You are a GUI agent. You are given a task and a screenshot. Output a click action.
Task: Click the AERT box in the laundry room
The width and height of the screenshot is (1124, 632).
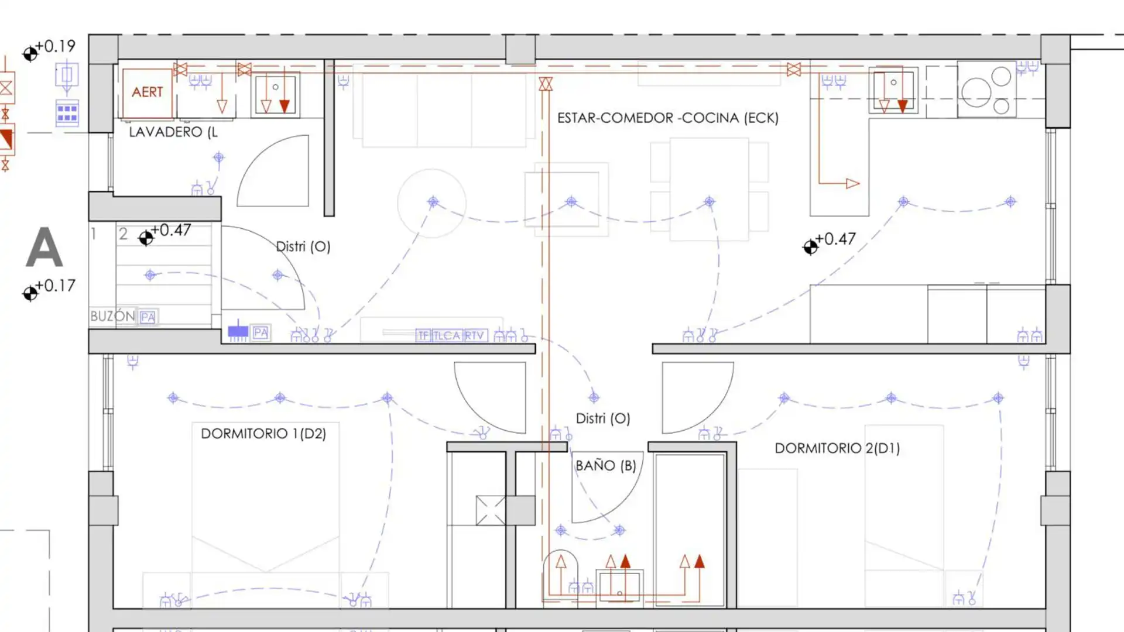point(148,92)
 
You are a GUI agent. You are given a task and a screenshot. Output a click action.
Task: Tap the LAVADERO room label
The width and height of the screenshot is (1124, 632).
point(173,132)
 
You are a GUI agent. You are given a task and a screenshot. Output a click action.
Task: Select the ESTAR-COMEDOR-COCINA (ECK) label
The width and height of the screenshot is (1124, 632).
point(668,118)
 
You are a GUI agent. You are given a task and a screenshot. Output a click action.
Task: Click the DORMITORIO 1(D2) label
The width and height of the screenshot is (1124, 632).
point(263,434)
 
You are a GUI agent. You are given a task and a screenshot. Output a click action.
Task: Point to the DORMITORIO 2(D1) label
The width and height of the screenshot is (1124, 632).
point(837,448)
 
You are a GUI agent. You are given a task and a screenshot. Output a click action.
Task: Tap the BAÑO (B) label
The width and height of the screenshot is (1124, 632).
point(606,466)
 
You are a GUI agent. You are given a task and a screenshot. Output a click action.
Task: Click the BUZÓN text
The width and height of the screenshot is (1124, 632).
point(113,316)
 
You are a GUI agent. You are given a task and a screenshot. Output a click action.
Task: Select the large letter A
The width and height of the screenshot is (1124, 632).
point(44,248)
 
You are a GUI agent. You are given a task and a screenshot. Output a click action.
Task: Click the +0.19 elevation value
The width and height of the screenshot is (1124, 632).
point(56,46)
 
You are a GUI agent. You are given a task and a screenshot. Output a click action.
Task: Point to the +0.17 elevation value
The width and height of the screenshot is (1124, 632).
point(56,286)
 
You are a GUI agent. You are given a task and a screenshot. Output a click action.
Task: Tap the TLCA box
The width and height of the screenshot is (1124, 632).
point(447,335)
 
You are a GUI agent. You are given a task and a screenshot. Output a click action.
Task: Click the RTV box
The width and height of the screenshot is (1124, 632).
point(475,335)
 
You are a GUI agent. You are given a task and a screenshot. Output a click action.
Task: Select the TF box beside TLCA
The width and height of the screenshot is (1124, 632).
point(424,335)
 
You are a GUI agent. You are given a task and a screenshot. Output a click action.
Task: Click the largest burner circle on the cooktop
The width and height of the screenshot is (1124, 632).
point(976,92)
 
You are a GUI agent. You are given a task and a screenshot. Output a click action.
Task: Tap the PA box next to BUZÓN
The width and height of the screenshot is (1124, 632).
point(148,317)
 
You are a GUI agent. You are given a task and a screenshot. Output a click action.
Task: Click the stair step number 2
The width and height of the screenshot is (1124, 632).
point(123,234)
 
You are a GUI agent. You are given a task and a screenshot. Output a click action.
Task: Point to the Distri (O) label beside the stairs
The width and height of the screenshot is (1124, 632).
point(303,246)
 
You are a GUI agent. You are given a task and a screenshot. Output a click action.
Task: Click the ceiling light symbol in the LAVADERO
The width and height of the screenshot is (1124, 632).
point(218,157)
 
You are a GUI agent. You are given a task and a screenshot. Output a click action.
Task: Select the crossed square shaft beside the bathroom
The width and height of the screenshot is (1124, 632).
point(491,510)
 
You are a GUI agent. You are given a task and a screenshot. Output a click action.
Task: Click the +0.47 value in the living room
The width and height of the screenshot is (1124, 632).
point(836,239)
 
